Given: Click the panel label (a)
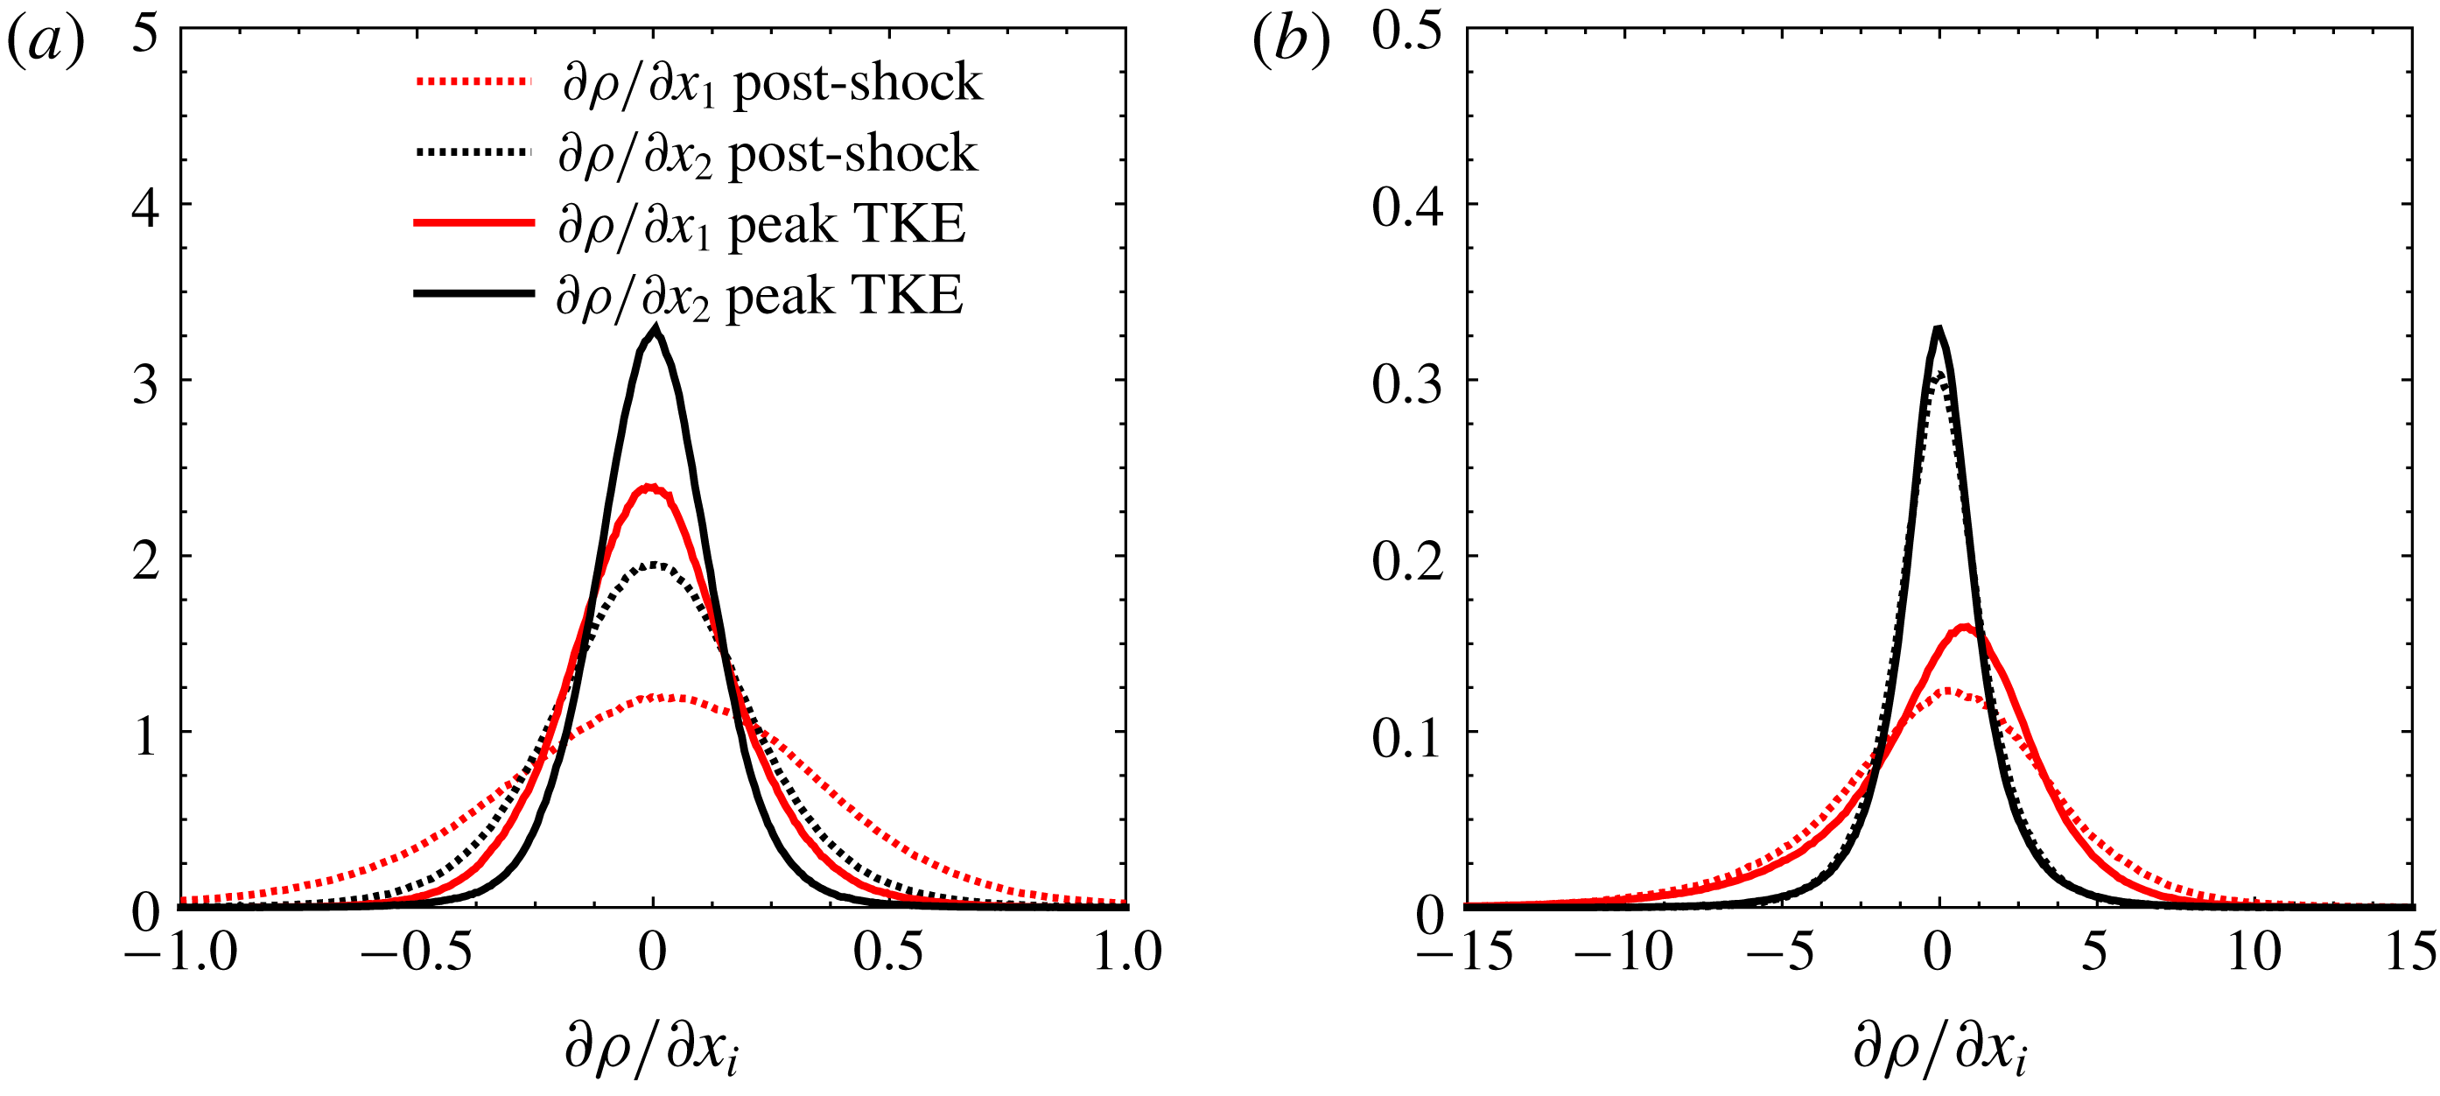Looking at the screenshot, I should tap(46, 43).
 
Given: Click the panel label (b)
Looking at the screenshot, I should tap(1290, 43).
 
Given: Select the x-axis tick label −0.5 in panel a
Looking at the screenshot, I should tap(416, 951).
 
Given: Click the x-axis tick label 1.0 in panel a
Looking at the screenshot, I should tap(1127, 951).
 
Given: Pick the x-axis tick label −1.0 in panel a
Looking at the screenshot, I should tap(180, 951).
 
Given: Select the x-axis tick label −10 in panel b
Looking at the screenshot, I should tap(1623, 951).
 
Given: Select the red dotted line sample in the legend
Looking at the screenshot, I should tap(473, 81).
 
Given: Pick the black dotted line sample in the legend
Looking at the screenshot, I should tap(473, 151).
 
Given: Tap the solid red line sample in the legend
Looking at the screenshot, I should tap(473, 223).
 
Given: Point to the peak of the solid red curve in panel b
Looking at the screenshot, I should tap(1964, 627).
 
